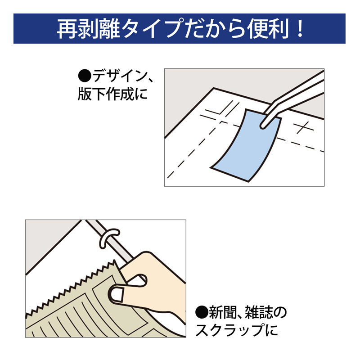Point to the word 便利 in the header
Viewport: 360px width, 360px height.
pos(265,29)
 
